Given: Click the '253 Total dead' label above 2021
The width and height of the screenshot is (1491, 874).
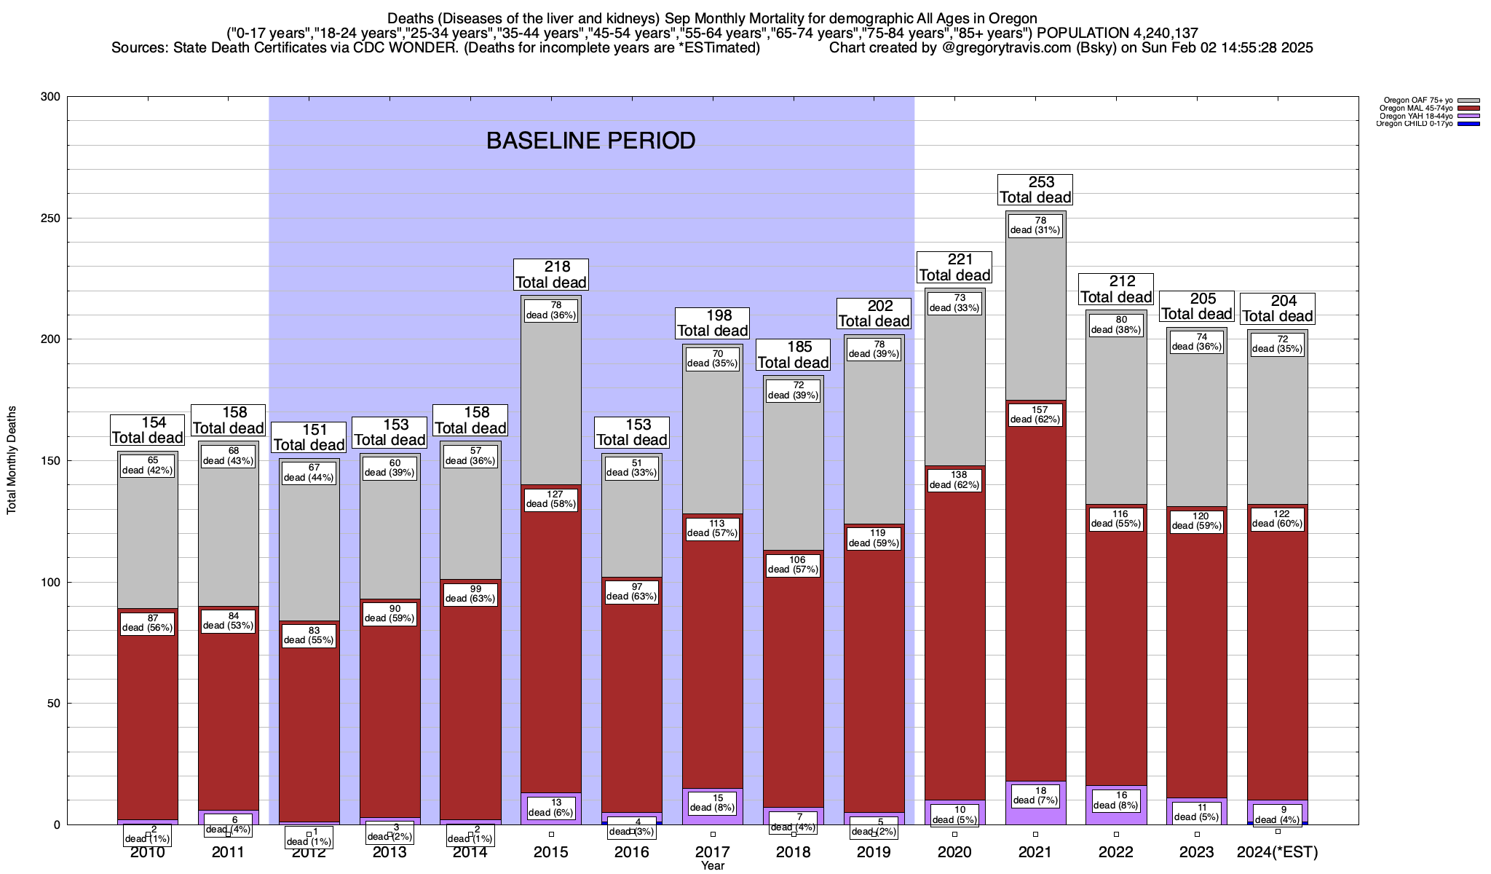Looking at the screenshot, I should [1035, 189].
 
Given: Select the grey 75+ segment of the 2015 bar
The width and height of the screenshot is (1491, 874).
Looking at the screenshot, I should [551, 393].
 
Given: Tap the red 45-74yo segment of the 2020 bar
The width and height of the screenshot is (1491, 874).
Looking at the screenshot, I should [954, 641].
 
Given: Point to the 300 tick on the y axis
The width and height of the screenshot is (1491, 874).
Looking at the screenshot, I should [51, 97].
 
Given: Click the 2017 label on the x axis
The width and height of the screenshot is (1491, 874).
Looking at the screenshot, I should [713, 852].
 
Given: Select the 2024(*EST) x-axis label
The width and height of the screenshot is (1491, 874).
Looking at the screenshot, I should [1277, 852].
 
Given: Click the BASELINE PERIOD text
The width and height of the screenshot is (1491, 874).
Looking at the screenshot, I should [590, 141].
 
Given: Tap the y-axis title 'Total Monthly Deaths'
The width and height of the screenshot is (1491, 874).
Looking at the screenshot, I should [12, 460].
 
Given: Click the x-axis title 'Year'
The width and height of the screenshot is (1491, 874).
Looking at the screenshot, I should [713, 866].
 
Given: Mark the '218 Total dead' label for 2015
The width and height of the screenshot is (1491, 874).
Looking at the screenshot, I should [551, 275].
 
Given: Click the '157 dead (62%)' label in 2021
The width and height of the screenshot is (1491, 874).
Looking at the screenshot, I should [1035, 415].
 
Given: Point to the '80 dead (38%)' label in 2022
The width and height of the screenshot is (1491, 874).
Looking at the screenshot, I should [1115, 325].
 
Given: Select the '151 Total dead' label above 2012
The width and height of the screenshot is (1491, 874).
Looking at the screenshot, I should [309, 438].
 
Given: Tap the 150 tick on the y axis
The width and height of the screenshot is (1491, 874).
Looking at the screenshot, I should [51, 460].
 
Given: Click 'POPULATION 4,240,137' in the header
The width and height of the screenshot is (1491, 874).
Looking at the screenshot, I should [1118, 33].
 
